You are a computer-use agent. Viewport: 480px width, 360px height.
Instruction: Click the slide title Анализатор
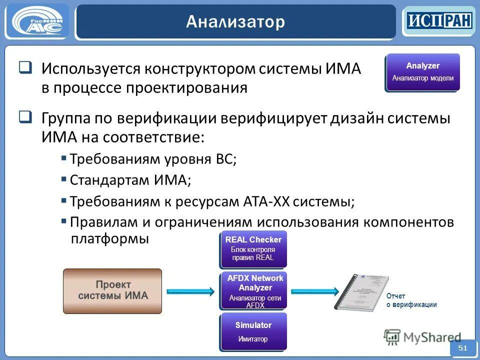pyautogui.click(x=235, y=22)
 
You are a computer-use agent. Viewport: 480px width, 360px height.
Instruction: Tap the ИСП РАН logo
pyautogui.click(x=438, y=20)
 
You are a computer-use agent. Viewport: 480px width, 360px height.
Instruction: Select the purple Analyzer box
pyautogui.click(x=422, y=72)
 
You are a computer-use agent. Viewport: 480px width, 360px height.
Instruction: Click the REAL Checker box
pyautogui.click(x=253, y=248)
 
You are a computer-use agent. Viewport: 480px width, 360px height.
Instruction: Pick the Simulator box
pyautogui.click(x=253, y=331)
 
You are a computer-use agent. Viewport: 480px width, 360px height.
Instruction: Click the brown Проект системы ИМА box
pyautogui.click(x=112, y=291)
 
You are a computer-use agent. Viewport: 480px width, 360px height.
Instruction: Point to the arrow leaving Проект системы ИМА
pyautogui.click(x=190, y=291)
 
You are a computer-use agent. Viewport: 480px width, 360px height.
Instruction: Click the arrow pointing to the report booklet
pyautogui.click(x=314, y=290)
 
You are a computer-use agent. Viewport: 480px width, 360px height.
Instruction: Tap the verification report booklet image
pyautogui.click(x=357, y=292)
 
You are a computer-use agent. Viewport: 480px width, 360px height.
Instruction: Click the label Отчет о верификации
pyautogui.click(x=411, y=300)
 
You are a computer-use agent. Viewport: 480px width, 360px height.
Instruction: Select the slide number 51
pyautogui.click(x=462, y=348)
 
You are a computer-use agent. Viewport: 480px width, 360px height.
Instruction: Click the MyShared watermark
pyautogui.click(x=422, y=337)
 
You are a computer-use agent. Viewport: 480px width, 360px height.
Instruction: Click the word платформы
pyautogui.click(x=110, y=238)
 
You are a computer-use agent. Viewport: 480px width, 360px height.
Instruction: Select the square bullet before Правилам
pyautogui.click(x=64, y=220)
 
